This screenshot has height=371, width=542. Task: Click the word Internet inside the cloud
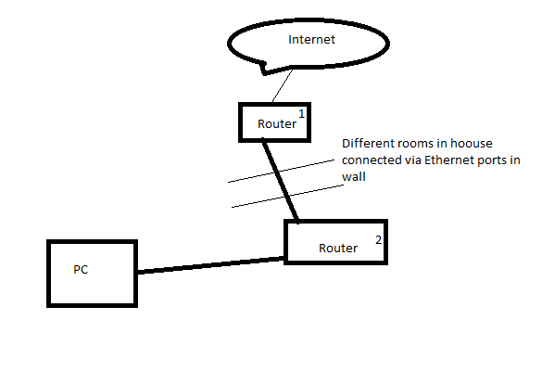[x=311, y=40]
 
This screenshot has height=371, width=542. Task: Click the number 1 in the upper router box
[x=301, y=113]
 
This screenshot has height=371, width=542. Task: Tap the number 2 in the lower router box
[x=379, y=240]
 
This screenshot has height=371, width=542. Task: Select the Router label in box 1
[x=277, y=124]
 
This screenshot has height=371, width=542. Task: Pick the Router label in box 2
[x=338, y=249]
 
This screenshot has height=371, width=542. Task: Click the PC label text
[x=81, y=270]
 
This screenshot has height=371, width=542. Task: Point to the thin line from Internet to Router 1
[x=283, y=85]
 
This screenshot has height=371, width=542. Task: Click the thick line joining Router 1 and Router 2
[x=280, y=179]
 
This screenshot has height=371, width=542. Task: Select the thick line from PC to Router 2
[x=210, y=265]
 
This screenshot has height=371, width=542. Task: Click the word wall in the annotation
[x=354, y=177]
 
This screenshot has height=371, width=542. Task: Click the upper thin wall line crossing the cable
[x=281, y=171]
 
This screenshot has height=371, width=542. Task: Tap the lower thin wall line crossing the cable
[x=287, y=197]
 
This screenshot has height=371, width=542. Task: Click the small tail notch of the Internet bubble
[x=264, y=70]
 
